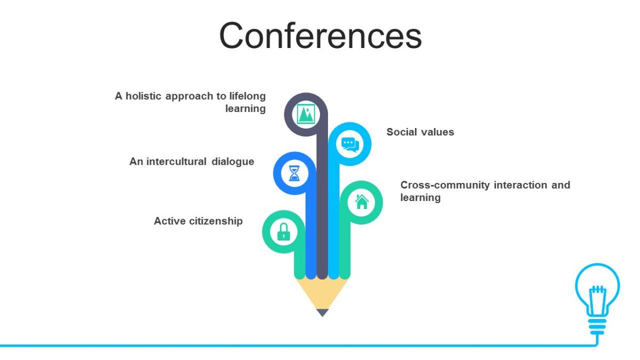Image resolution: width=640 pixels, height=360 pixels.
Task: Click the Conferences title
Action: (321, 36)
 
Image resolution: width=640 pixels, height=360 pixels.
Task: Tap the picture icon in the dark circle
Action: (306, 114)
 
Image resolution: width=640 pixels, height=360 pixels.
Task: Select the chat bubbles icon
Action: (350, 145)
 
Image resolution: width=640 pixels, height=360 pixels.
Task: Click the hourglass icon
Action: (294, 173)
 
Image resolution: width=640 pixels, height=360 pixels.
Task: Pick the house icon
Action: (362, 202)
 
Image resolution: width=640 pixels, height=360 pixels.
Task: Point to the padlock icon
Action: (284, 231)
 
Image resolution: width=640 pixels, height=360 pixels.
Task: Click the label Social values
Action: (420, 132)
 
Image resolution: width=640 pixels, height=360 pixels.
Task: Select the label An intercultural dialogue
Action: (191, 162)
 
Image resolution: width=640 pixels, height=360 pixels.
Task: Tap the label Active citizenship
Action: (198, 221)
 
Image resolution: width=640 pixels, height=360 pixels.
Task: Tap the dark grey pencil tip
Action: (322, 313)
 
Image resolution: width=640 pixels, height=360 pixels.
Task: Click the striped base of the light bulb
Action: (597, 326)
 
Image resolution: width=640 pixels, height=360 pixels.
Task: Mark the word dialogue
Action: (233, 162)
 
